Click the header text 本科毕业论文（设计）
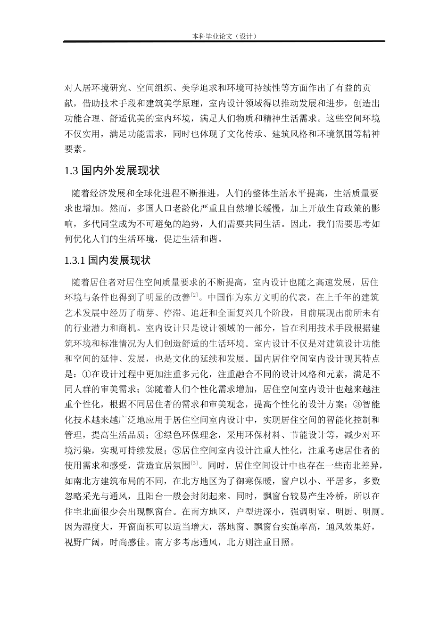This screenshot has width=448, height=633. [224, 36]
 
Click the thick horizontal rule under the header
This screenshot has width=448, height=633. [224, 42]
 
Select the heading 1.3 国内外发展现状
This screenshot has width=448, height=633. [113, 170]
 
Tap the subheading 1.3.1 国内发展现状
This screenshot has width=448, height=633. [107, 260]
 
